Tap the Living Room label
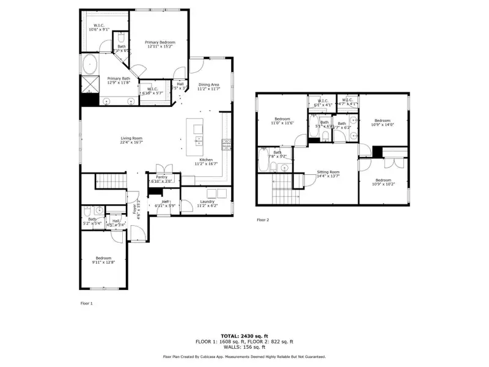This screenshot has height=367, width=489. click(131, 140)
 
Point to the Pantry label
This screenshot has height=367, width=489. click(161, 179)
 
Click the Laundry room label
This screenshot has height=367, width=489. click(207, 203)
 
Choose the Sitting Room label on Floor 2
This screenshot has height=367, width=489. click(328, 174)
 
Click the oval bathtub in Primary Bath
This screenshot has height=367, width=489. click(90, 64)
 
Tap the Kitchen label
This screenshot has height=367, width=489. click(206, 161)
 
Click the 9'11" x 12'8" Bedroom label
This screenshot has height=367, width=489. click(103, 260)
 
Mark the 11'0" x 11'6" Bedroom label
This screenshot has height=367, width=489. click(282, 120)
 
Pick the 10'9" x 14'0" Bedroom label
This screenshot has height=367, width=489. click(383, 122)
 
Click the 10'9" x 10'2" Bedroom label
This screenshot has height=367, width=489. click(383, 182)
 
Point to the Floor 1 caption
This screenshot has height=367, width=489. click(87, 303)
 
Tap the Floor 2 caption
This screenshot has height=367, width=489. click(263, 220)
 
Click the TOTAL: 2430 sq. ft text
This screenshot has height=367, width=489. click(244, 335)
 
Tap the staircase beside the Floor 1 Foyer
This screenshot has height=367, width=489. click(109, 182)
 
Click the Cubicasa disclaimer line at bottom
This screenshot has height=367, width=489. click(244, 356)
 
